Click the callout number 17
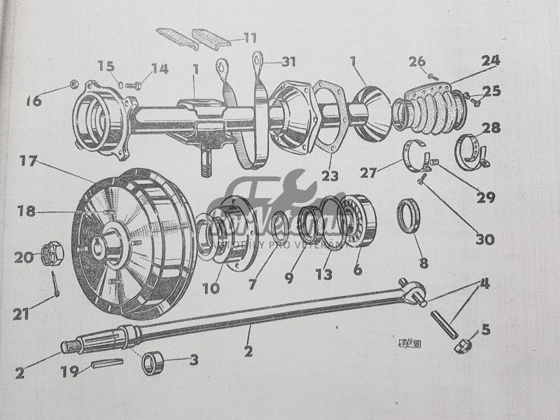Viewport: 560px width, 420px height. click(x=28, y=162)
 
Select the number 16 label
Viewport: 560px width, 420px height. click(x=34, y=101)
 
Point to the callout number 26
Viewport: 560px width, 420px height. click(x=417, y=62)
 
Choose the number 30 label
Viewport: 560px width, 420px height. click(x=484, y=239)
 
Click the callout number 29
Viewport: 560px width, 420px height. click(x=485, y=198)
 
